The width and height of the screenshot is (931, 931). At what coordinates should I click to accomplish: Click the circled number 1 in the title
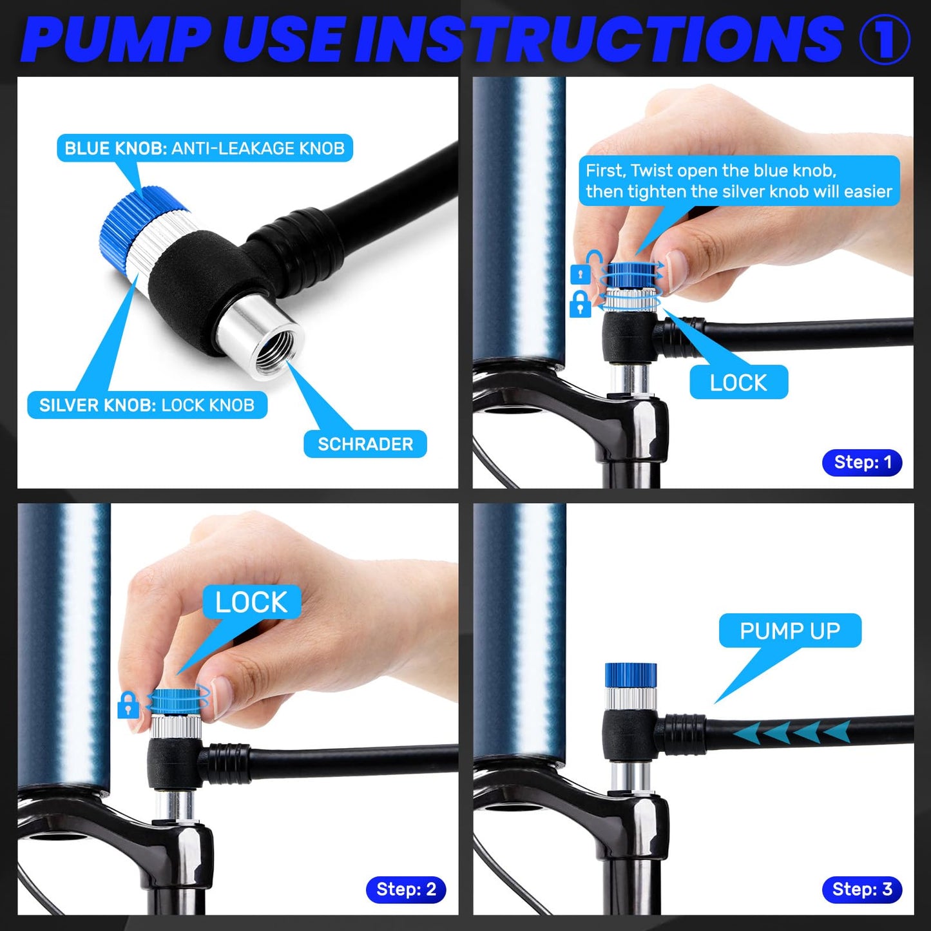pyautogui.click(x=885, y=39)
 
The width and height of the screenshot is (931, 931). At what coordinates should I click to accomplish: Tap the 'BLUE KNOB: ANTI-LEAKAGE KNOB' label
pyautogui.click(x=205, y=148)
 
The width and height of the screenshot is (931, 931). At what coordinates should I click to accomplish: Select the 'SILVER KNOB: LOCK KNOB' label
pyautogui.click(x=147, y=405)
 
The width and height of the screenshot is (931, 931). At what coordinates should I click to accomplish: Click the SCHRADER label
pyautogui.click(x=365, y=443)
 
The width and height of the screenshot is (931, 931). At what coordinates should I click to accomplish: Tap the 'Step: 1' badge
pyautogui.click(x=863, y=463)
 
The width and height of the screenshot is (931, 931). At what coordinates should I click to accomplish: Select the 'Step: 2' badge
pyautogui.click(x=406, y=889)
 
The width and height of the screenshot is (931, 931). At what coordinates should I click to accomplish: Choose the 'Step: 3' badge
pyautogui.click(x=863, y=889)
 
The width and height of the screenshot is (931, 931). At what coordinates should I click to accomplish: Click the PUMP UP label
pyautogui.click(x=790, y=631)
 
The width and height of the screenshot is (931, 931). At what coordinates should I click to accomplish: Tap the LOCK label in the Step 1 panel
pyautogui.click(x=738, y=383)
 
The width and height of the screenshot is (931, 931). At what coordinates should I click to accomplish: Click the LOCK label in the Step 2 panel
pyautogui.click(x=251, y=602)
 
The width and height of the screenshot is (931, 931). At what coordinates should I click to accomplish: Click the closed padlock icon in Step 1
pyautogui.click(x=581, y=304)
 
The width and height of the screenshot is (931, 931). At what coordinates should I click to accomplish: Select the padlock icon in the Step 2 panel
pyautogui.click(x=128, y=705)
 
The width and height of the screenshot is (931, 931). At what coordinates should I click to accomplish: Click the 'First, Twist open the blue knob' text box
pyautogui.click(x=739, y=180)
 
